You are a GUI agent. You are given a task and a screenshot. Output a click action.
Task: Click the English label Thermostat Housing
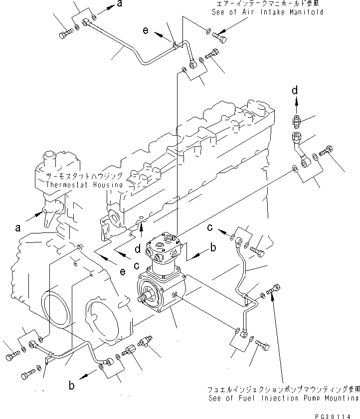pyautogui.click(x=84, y=185)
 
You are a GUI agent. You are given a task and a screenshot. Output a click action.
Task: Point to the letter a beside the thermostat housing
pyautogui.click(x=18, y=227)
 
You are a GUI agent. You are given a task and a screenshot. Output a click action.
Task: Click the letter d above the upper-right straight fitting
pyautogui.click(x=295, y=90)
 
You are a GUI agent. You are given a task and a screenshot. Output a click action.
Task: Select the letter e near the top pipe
pyautogui.click(x=145, y=30)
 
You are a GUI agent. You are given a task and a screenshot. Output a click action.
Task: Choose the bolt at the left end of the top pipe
pyautogui.click(x=65, y=34)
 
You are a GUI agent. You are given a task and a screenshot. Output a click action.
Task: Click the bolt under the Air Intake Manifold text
pyautogui.click(x=220, y=35)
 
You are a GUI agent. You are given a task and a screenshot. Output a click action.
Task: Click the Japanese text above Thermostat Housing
pyautogui.click(x=84, y=177)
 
